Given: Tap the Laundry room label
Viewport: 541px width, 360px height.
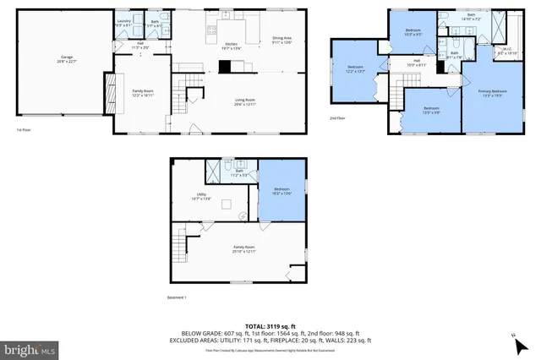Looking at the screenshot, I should coord(123,24).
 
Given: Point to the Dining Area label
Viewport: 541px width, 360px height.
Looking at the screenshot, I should coord(281,40).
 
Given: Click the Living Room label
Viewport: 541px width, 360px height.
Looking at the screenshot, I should coord(245,102).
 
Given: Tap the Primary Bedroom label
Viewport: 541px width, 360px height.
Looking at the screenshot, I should coord(492,92).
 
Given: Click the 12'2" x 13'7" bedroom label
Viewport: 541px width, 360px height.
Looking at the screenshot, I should coord(355,69).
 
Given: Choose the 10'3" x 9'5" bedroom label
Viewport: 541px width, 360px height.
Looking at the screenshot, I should coord(413,33).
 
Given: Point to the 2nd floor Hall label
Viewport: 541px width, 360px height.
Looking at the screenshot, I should coord(416,63).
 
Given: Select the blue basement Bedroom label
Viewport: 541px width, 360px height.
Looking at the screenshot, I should coord(281,191).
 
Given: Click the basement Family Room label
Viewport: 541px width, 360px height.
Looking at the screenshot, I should coord(244,249).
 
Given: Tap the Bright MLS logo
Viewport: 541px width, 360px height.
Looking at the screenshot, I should coord(30,348).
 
